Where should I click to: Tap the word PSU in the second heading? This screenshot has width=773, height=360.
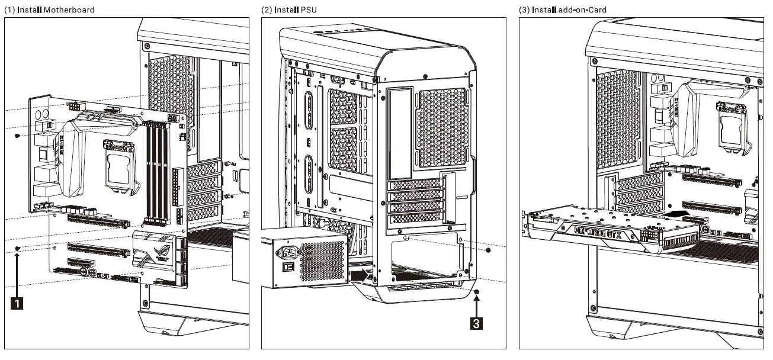click(x=308, y=10)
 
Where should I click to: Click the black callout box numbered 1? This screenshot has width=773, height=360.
click(x=18, y=303)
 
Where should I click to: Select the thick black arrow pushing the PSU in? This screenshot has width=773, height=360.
click(x=359, y=275)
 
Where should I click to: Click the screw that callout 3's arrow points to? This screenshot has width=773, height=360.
click(x=477, y=292)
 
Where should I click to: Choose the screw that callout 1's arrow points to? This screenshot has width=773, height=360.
click(x=18, y=248)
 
